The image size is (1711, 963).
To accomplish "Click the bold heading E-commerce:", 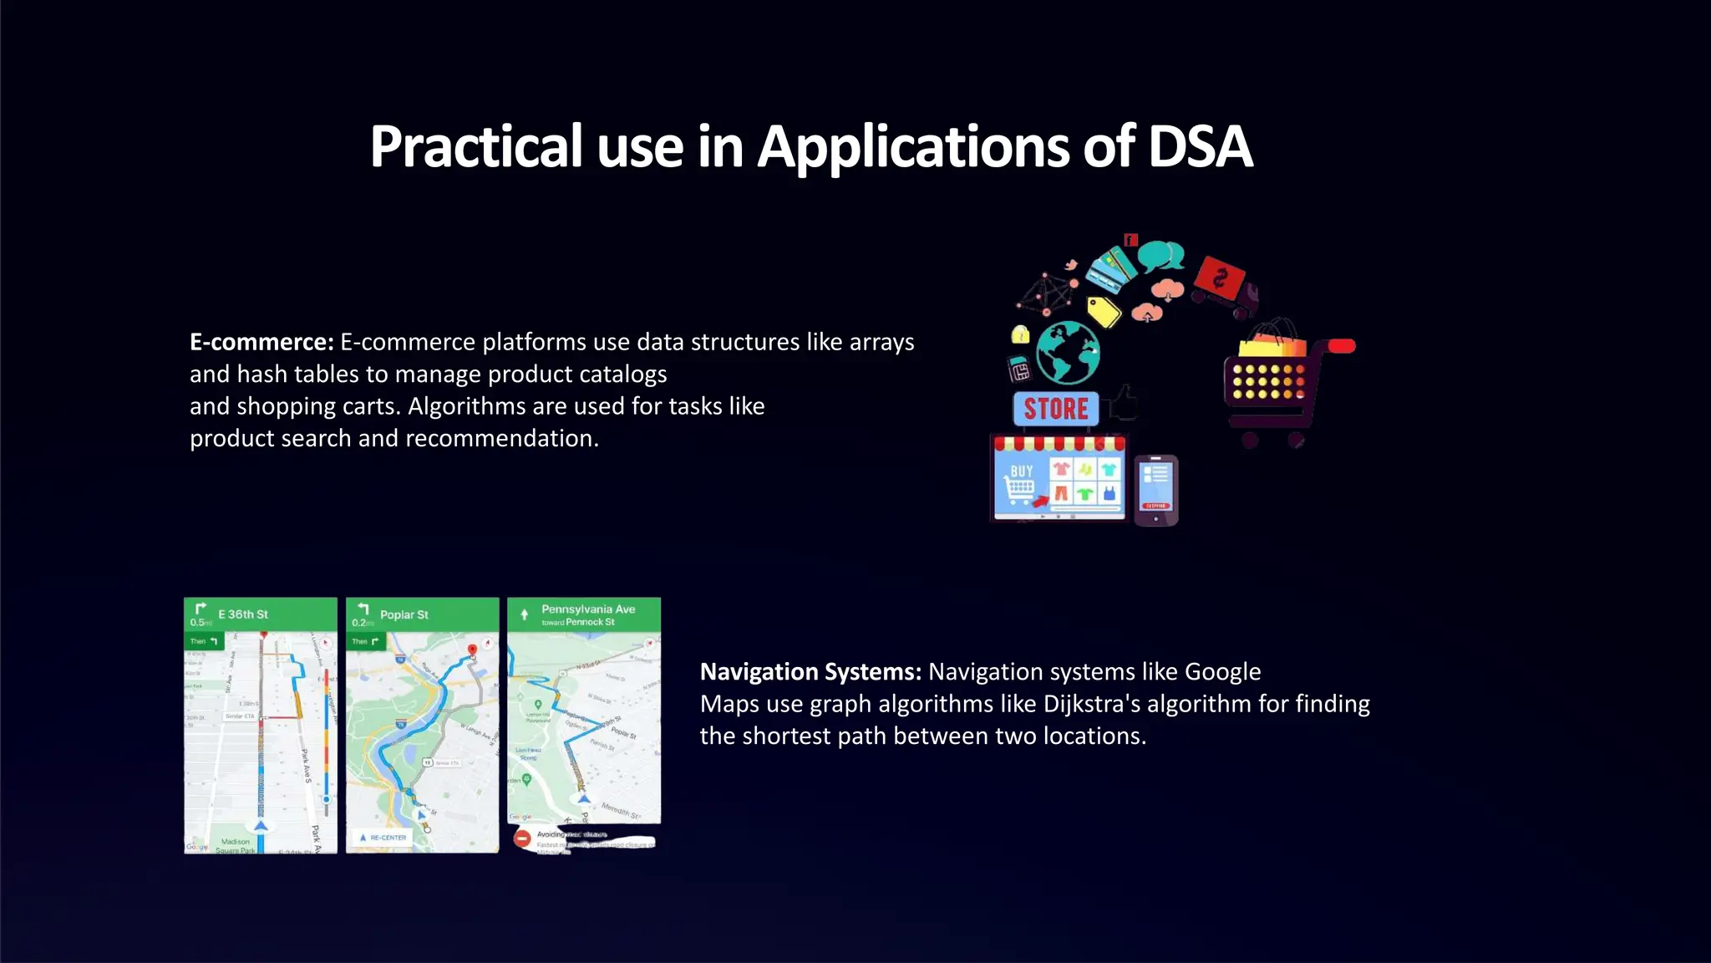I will pos(261,342).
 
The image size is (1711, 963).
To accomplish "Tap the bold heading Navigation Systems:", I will pos(810,671).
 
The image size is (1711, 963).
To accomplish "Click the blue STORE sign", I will pos(1055,409).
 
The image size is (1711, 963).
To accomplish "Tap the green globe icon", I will pos(1068,353).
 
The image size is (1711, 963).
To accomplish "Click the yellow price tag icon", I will pos(1104,312).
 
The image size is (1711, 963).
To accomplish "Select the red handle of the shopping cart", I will pos(1341,346).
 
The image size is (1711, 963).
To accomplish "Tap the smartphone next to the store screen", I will pos(1156,490).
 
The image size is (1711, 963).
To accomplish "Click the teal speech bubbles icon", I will pos(1160,256).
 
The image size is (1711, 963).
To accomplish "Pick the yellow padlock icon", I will pos(1020,335).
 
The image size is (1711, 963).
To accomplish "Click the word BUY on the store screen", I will pos(1022,471).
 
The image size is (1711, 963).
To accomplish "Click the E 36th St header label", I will pos(242,614).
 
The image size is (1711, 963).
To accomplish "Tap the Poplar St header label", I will pos(404,614).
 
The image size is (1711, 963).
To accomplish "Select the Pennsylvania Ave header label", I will pos(588,609).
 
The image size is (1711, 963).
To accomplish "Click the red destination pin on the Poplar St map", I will pos(472,650).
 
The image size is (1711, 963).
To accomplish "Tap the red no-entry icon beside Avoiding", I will pos(522,838).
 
